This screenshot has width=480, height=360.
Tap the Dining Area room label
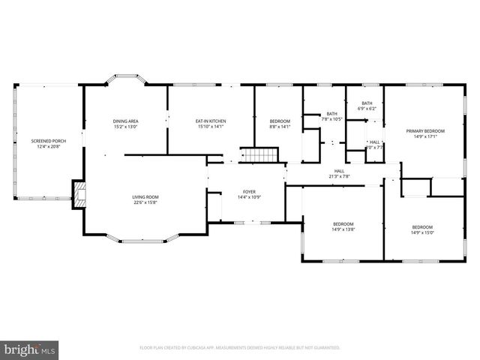[x=125, y=121]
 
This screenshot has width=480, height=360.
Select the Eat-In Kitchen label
[x=211, y=121]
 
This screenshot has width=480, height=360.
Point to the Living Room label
[x=145, y=196]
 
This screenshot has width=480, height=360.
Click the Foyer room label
[x=249, y=191]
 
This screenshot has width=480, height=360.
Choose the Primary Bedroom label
[x=425, y=130]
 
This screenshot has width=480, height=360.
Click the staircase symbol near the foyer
[x=259, y=155]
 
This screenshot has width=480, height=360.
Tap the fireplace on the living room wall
[x=78, y=194]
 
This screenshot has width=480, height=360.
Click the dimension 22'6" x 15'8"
[x=145, y=202]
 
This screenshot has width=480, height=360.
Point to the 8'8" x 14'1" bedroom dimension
[x=280, y=127]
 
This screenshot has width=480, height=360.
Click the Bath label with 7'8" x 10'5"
[x=331, y=113]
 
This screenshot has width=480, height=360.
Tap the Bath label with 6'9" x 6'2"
[x=367, y=103]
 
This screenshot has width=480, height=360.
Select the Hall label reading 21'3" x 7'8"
[x=339, y=171]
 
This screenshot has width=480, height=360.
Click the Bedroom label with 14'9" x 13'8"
[x=343, y=223]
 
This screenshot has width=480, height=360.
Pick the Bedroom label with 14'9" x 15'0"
[x=421, y=227]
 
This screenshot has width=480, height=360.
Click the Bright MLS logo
[x=30, y=349]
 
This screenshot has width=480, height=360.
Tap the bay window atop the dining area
[x=125, y=77]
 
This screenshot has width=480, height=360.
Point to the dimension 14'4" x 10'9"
[x=249, y=197]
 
